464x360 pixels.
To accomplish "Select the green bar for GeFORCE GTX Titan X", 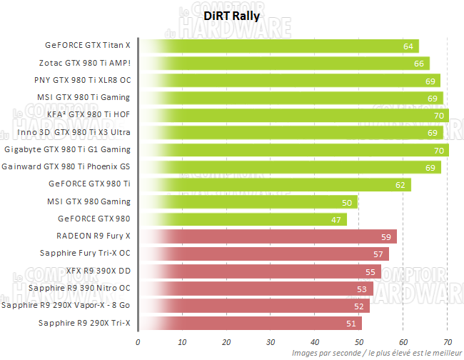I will (x=278, y=46).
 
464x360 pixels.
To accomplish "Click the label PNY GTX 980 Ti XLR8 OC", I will (x=82, y=81).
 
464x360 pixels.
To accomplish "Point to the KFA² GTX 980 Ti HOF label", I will (x=89, y=115).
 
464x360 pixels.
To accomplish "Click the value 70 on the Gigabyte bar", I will (x=438, y=151).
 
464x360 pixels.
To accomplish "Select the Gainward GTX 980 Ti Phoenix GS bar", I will (x=289, y=167).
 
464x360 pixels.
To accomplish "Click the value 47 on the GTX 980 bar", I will (x=336, y=219).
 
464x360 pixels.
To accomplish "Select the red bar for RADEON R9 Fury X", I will (x=268, y=236).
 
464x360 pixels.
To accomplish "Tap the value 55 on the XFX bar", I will (x=370, y=272).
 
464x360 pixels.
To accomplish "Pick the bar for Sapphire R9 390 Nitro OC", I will (x=256, y=289).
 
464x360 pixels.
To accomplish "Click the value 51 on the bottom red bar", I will (x=350, y=324).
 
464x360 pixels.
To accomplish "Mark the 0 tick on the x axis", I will (x=138, y=341).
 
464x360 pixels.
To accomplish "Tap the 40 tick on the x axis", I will (x=315, y=341).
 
